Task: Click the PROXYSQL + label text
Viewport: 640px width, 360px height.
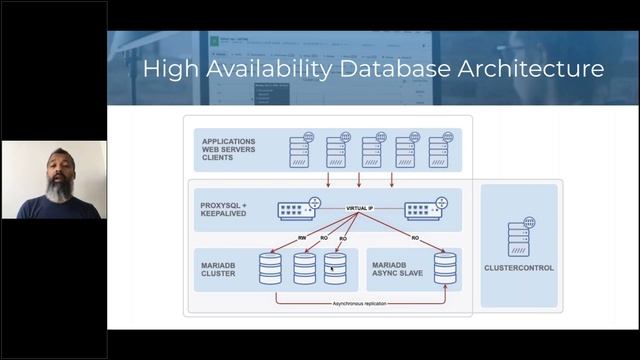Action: [x=229, y=204]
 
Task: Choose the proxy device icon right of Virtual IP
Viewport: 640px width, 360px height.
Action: [x=426, y=210]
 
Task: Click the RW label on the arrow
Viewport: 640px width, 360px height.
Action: [x=301, y=238]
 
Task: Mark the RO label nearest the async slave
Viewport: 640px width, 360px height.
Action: [x=414, y=238]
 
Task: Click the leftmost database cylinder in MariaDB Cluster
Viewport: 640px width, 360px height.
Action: [x=270, y=268]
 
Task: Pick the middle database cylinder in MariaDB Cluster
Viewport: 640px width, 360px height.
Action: [x=304, y=268]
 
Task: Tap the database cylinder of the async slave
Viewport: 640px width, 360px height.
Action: [x=444, y=268]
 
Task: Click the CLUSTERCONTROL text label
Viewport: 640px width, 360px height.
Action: [x=519, y=267]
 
